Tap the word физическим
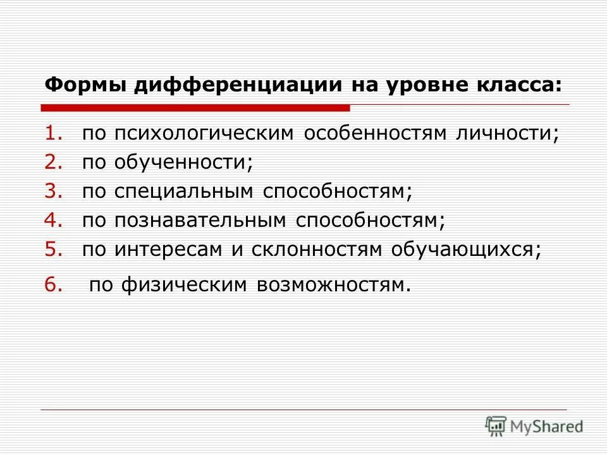[183, 286]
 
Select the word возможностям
[332, 286]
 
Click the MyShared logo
[534, 427]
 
